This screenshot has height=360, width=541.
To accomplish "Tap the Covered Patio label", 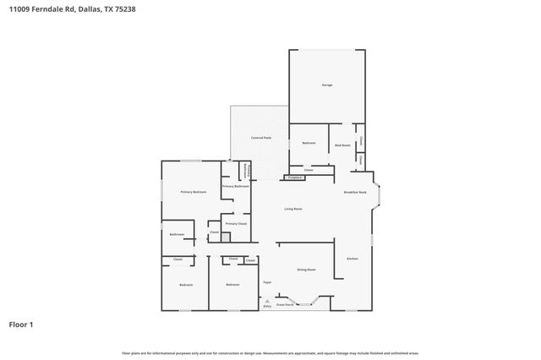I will click(260, 137).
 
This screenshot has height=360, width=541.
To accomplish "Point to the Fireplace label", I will click(295, 178).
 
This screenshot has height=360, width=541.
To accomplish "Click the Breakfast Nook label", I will click(354, 193).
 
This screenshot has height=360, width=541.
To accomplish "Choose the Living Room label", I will click(293, 209).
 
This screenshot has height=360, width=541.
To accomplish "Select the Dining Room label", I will click(306, 270).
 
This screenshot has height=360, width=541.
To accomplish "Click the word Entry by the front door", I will click(267, 307).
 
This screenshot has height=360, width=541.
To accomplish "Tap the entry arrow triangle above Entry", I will click(267, 301).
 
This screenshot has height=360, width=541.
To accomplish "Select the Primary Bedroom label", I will click(194, 193).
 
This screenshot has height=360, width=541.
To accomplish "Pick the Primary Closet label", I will click(236, 224).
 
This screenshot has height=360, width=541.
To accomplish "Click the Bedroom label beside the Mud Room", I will click(309, 144).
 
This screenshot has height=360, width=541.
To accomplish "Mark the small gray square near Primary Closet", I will click(225, 238).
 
